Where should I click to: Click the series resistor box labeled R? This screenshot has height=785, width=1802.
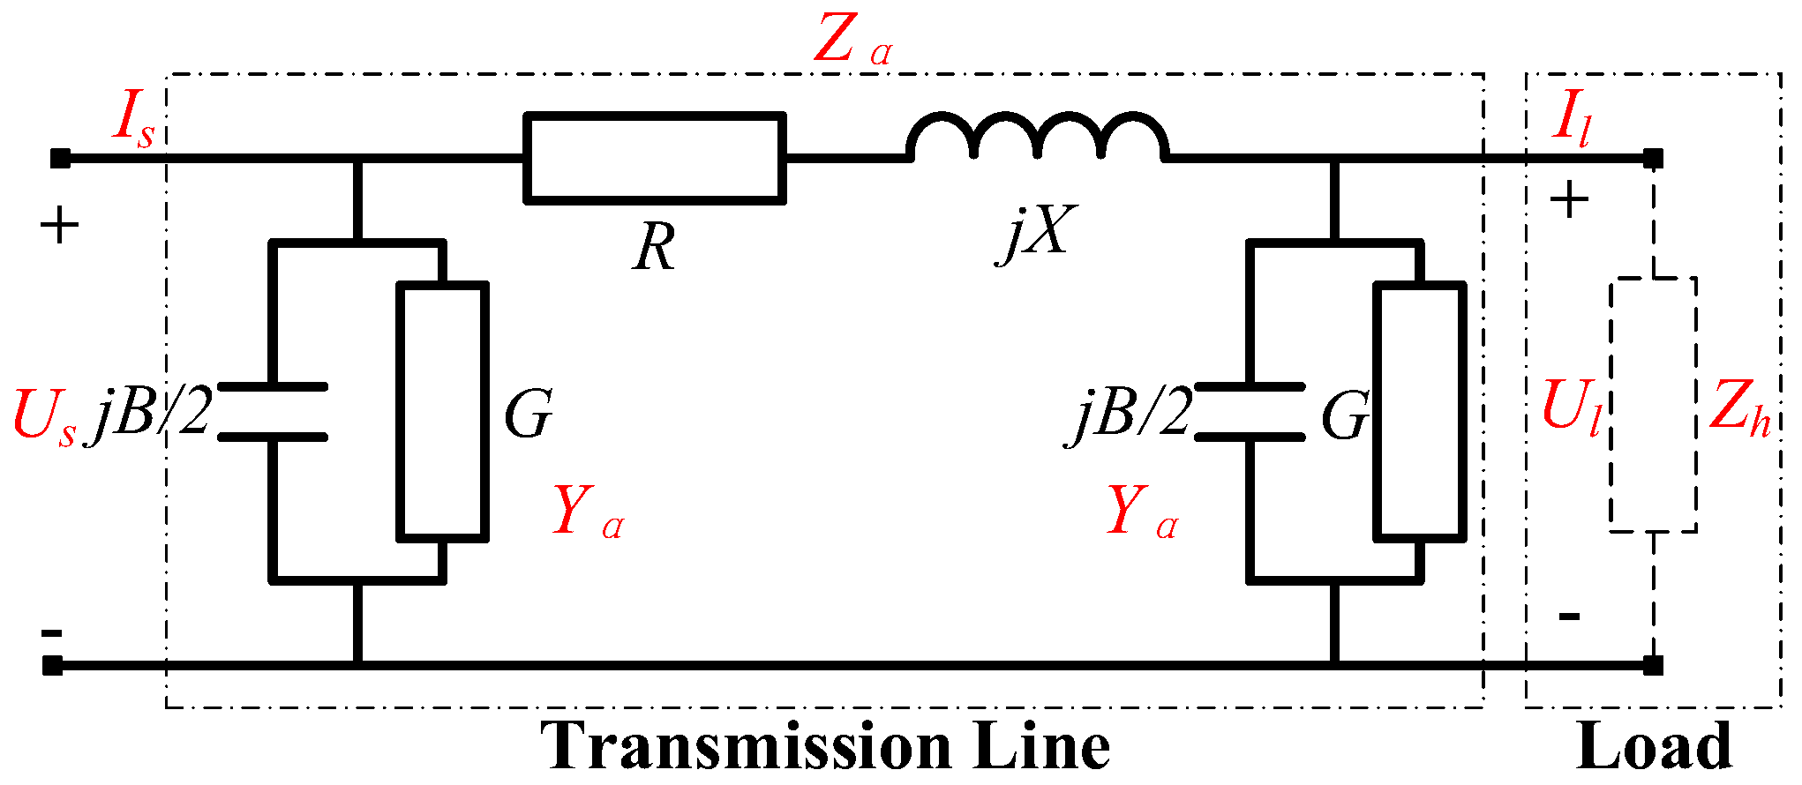tap(654, 158)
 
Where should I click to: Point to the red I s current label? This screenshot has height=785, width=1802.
tap(133, 120)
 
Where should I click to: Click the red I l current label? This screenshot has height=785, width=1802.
tap(1572, 118)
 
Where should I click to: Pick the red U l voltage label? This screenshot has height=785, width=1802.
tap(1571, 407)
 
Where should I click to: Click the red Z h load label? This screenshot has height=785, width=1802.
tap(1739, 407)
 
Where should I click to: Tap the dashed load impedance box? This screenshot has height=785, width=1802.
tap(1653, 406)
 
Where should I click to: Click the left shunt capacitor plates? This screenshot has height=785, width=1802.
tap(273, 412)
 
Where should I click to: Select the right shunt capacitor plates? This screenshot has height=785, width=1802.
tap(1250, 412)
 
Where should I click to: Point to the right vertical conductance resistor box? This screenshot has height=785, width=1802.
tap(1420, 411)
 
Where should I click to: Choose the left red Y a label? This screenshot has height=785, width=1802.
tap(588, 512)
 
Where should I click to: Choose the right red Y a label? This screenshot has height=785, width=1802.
tap(1142, 512)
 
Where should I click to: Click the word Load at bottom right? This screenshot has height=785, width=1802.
tap(1653, 746)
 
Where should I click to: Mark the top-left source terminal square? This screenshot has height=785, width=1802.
tap(59, 159)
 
